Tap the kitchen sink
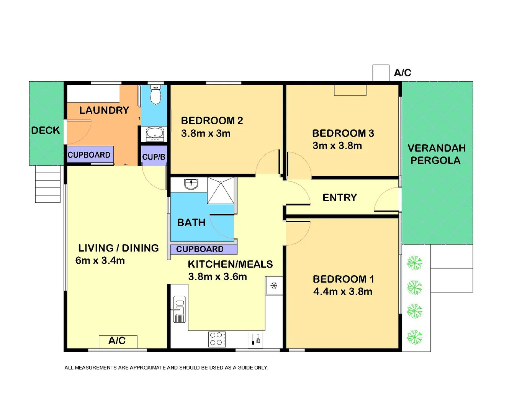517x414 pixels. point(179,309)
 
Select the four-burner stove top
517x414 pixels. point(217,339)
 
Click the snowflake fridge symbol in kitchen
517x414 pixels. point(274,286)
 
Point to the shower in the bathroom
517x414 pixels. point(221,190)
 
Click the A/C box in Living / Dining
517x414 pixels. point(118,341)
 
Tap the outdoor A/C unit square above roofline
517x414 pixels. point(381,73)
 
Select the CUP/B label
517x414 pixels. point(154,157)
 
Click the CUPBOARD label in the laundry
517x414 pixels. point(89,155)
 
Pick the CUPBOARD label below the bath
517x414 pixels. point(200,249)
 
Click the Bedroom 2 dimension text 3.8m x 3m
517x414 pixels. point(206,133)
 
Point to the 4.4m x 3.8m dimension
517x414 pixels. point(343,292)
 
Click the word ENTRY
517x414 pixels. point(340,197)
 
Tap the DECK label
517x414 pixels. point(46,130)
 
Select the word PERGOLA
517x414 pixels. point(435,161)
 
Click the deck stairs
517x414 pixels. point(48,184)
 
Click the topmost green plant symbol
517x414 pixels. point(414,263)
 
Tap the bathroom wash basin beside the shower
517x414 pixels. point(191,184)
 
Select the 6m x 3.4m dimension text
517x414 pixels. point(100,261)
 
